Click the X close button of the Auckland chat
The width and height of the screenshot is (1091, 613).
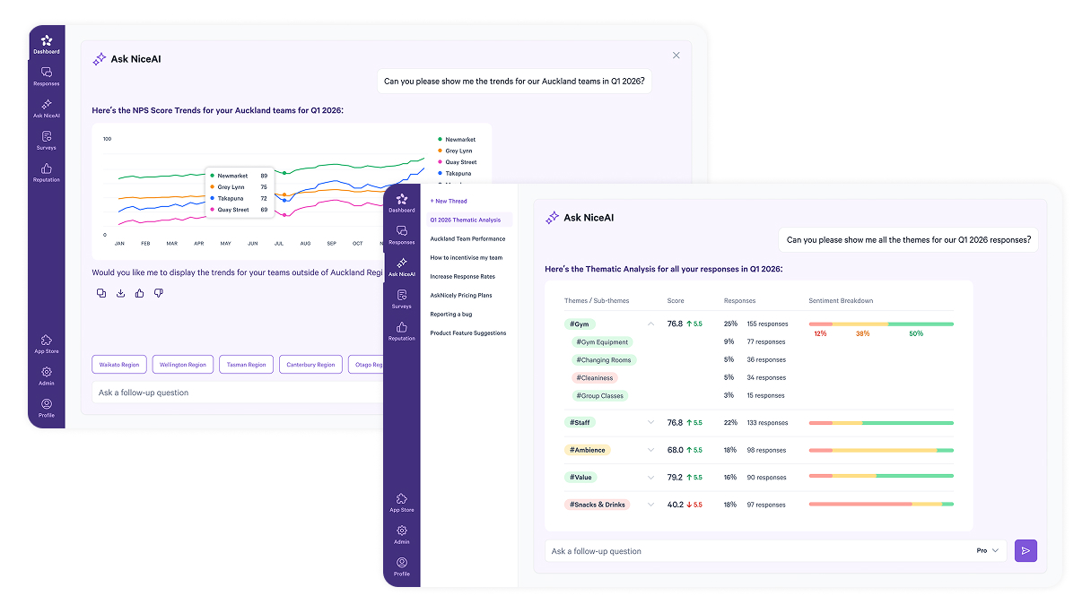pos(676,56)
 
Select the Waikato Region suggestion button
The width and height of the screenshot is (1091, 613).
pos(118,365)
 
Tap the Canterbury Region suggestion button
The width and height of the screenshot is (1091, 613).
pos(311,365)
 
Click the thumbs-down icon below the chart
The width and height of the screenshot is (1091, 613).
pos(159,293)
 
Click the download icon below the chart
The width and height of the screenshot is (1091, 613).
pos(120,293)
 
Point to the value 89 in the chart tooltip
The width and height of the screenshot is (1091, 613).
pos(264,176)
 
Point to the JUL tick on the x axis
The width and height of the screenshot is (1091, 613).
pos(279,244)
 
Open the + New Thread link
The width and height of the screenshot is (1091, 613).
pos(449,202)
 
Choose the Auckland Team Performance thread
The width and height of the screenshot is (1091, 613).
pos(467,239)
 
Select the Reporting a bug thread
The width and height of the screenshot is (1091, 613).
pos(450,315)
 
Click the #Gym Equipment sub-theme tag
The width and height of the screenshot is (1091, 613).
pos(602,342)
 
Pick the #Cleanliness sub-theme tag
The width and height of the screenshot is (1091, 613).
pos(595,378)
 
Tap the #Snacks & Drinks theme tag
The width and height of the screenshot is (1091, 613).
pos(598,505)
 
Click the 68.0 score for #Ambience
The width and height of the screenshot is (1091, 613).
pos(675,450)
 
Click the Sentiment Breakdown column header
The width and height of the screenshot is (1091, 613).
pos(841,301)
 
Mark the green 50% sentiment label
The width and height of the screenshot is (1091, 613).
pos(915,334)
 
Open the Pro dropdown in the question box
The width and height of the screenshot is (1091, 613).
pos(987,551)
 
